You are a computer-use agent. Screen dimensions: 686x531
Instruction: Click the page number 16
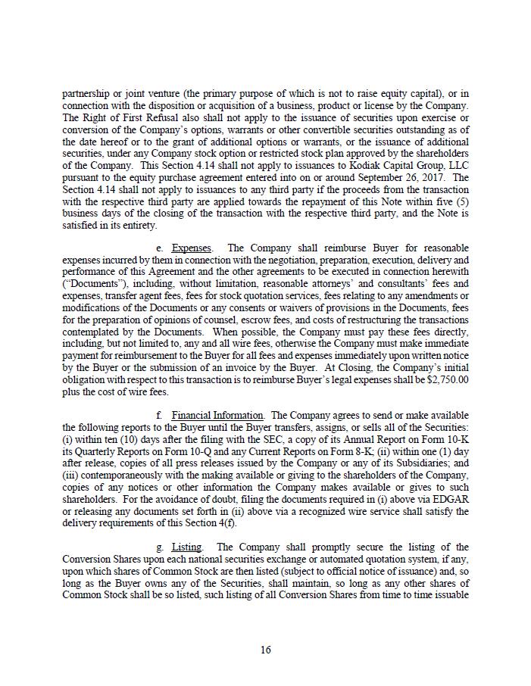(x=265, y=650)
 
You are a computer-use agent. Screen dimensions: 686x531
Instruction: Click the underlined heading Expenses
(x=192, y=248)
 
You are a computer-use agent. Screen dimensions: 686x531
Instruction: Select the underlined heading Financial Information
(x=217, y=415)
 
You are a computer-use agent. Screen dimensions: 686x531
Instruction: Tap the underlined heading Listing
(x=186, y=546)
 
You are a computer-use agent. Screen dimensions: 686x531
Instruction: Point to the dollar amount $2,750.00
(x=445, y=380)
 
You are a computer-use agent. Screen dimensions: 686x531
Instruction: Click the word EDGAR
(x=451, y=500)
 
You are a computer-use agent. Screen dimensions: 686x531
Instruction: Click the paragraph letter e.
(x=159, y=248)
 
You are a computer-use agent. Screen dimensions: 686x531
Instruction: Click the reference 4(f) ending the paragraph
(x=229, y=523)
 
